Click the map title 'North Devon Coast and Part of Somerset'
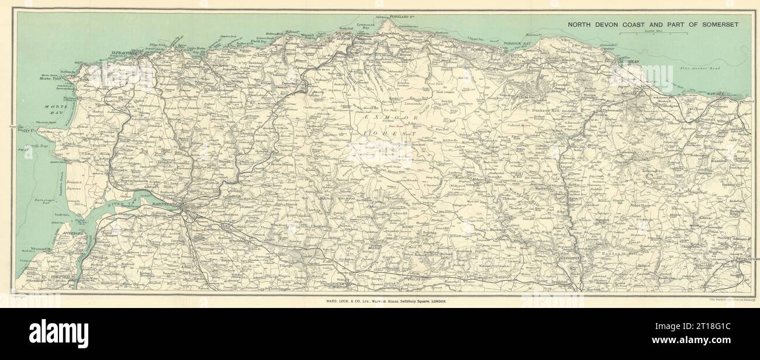[x=651, y=24]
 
